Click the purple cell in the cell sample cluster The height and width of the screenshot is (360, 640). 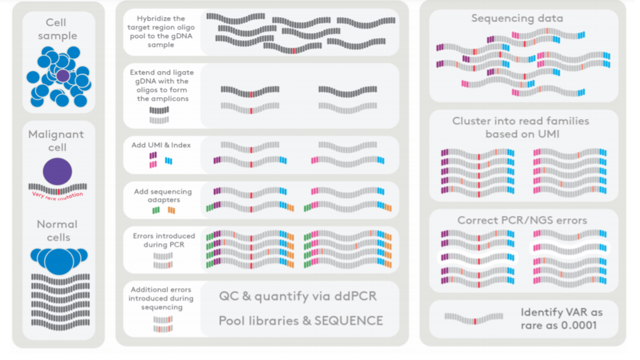pyautogui.click(x=63, y=76)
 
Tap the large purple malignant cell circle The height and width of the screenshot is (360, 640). pyautogui.click(x=57, y=171)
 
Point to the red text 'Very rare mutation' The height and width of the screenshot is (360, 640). pyautogui.click(x=57, y=196)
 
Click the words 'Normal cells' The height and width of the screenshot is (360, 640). pyautogui.click(x=58, y=231)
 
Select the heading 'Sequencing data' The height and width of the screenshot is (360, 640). pyautogui.click(x=517, y=18)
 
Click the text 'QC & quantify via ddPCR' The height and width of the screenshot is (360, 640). pyautogui.click(x=298, y=296)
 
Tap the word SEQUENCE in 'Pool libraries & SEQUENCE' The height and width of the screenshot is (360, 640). pyautogui.click(x=349, y=321)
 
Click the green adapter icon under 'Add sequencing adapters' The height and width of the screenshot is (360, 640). pyautogui.click(x=156, y=210)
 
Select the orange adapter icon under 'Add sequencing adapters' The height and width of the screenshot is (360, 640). pyautogui.click(x=171, y=210)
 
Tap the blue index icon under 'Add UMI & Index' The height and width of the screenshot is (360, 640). pyautogui.click(x=169, y=161)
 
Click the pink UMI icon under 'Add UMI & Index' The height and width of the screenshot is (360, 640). pyautogui.click(x=153, y=164)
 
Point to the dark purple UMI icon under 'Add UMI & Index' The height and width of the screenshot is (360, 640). pyautogui.click(x=153, y=155)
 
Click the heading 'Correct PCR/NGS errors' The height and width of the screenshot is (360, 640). pyautogui.click(x=522, y=220)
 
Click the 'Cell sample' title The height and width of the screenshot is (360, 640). pyautogui.click(x=57, y=29)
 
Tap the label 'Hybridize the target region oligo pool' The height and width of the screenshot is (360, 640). pyautogui.click(x=161, y=32)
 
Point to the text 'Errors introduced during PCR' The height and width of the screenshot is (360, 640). pyautogui.click(x=164, y=240)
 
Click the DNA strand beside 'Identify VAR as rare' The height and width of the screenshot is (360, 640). pyautogui.click(x=474, y=318)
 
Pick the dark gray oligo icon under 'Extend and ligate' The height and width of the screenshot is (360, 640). pyautogui.click(x=159, y=110)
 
